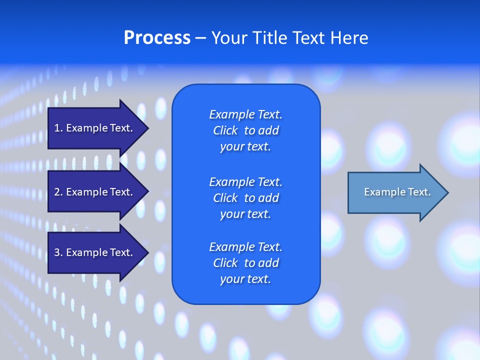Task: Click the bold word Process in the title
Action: tap(157, 38)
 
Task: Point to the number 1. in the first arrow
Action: tap(58, 128)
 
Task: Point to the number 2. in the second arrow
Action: tap(58, 192)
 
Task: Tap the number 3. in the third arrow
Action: tap(58, 252)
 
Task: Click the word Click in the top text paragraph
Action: tap(225, 130)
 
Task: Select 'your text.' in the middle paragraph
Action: tap(245, 214)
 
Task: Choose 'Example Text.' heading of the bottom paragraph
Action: tap(245, 247)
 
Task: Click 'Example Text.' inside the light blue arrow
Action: tap(397, 192)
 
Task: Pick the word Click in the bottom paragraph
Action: tap(225, 263)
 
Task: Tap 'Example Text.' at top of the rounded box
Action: tap(245, 114)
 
